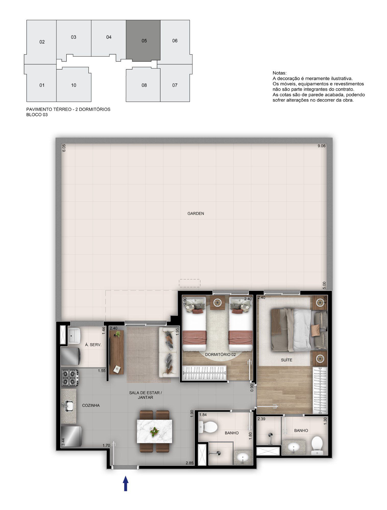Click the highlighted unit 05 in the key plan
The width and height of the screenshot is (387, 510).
(x=143, y=41)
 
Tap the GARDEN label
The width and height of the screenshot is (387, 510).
(x=196, y=213)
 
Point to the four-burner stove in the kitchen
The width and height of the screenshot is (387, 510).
(x=70, y=378)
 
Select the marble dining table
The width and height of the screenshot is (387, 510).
(x=154, y=431)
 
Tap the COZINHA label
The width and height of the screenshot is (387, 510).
(x=91, y=405)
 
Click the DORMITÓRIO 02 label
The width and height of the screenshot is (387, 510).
(x=220, y=354)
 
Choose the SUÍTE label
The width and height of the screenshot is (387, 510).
(x=286, y=360)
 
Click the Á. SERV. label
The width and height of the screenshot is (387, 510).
(x=93, y=345)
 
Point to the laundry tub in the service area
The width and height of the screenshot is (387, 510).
(x=74, y=336)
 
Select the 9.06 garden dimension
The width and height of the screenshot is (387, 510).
(x=321, y=146)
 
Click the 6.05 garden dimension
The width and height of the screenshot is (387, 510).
(x=64, y=148)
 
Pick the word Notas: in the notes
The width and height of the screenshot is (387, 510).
(x=280, y=73)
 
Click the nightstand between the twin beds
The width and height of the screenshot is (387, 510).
(x=217, y=302)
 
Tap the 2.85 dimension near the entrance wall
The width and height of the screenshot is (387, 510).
(x=189, y=463)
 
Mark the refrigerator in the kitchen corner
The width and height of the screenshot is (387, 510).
(x=71, y=436)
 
